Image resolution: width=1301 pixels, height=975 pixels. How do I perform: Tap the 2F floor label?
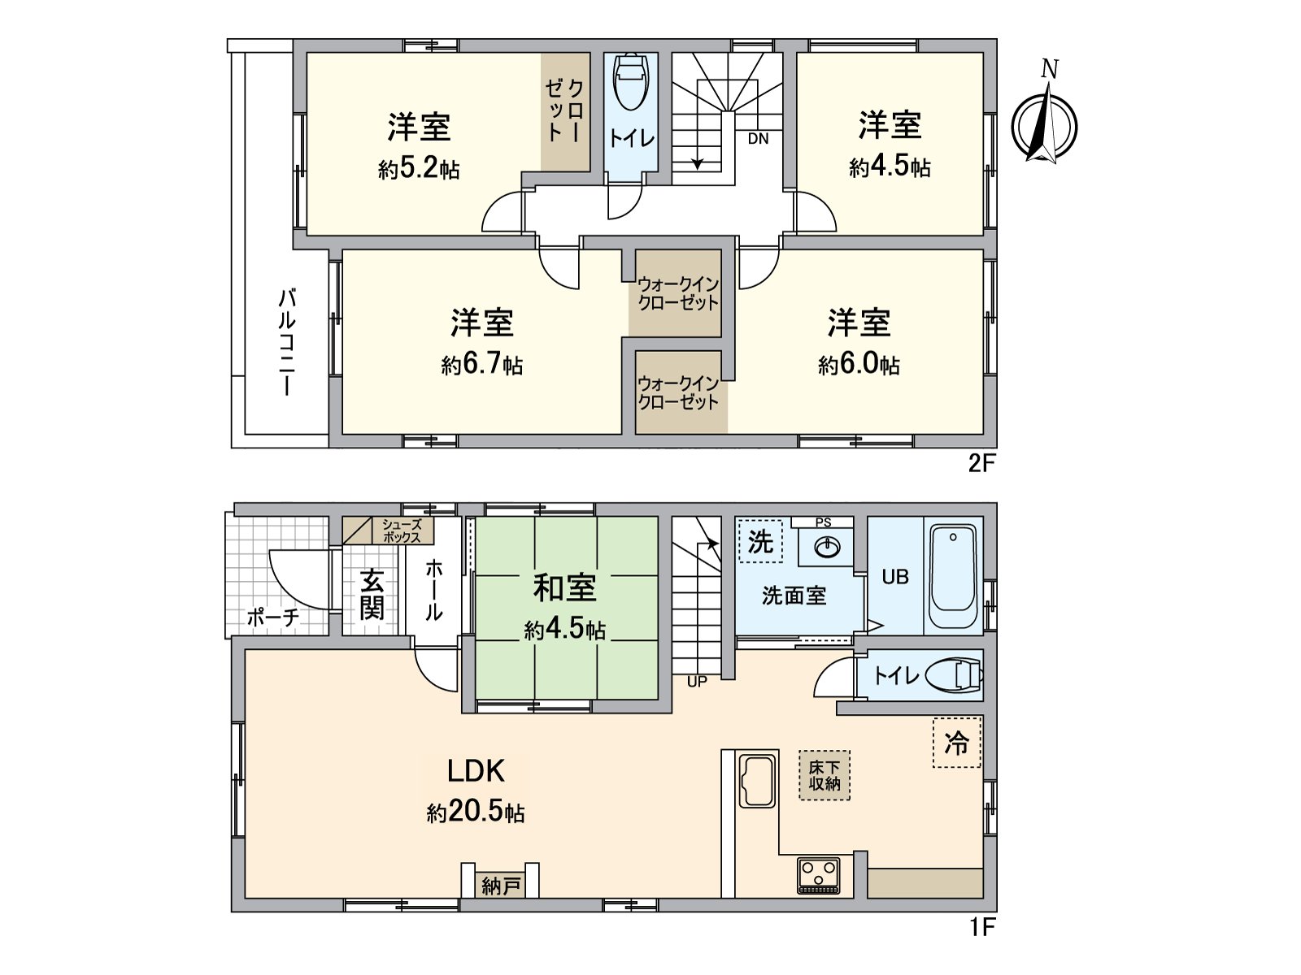point(981,464)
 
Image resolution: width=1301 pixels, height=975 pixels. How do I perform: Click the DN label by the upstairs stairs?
point(758,139)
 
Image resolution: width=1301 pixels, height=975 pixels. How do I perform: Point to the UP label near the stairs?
point(697,682)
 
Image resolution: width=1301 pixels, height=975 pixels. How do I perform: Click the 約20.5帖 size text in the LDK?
point(476,812)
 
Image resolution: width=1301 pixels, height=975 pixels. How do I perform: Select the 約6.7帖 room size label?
point(481,365)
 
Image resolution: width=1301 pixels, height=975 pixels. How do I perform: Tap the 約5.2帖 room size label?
point(419,170)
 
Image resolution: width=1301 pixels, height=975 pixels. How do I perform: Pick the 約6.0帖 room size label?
point(859,365)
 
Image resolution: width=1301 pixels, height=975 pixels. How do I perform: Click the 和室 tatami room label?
point(564,587)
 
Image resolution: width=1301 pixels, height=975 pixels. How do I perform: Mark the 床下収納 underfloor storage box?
point(824,775)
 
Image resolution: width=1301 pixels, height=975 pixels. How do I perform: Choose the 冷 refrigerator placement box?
point(956,743)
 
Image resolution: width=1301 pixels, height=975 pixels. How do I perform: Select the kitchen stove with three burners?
point(819,874)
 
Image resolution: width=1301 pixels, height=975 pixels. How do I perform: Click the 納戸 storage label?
point(500,886)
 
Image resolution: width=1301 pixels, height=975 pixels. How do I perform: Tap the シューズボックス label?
point(401,531)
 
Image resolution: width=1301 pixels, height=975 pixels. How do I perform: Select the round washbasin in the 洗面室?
point(825,548)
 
